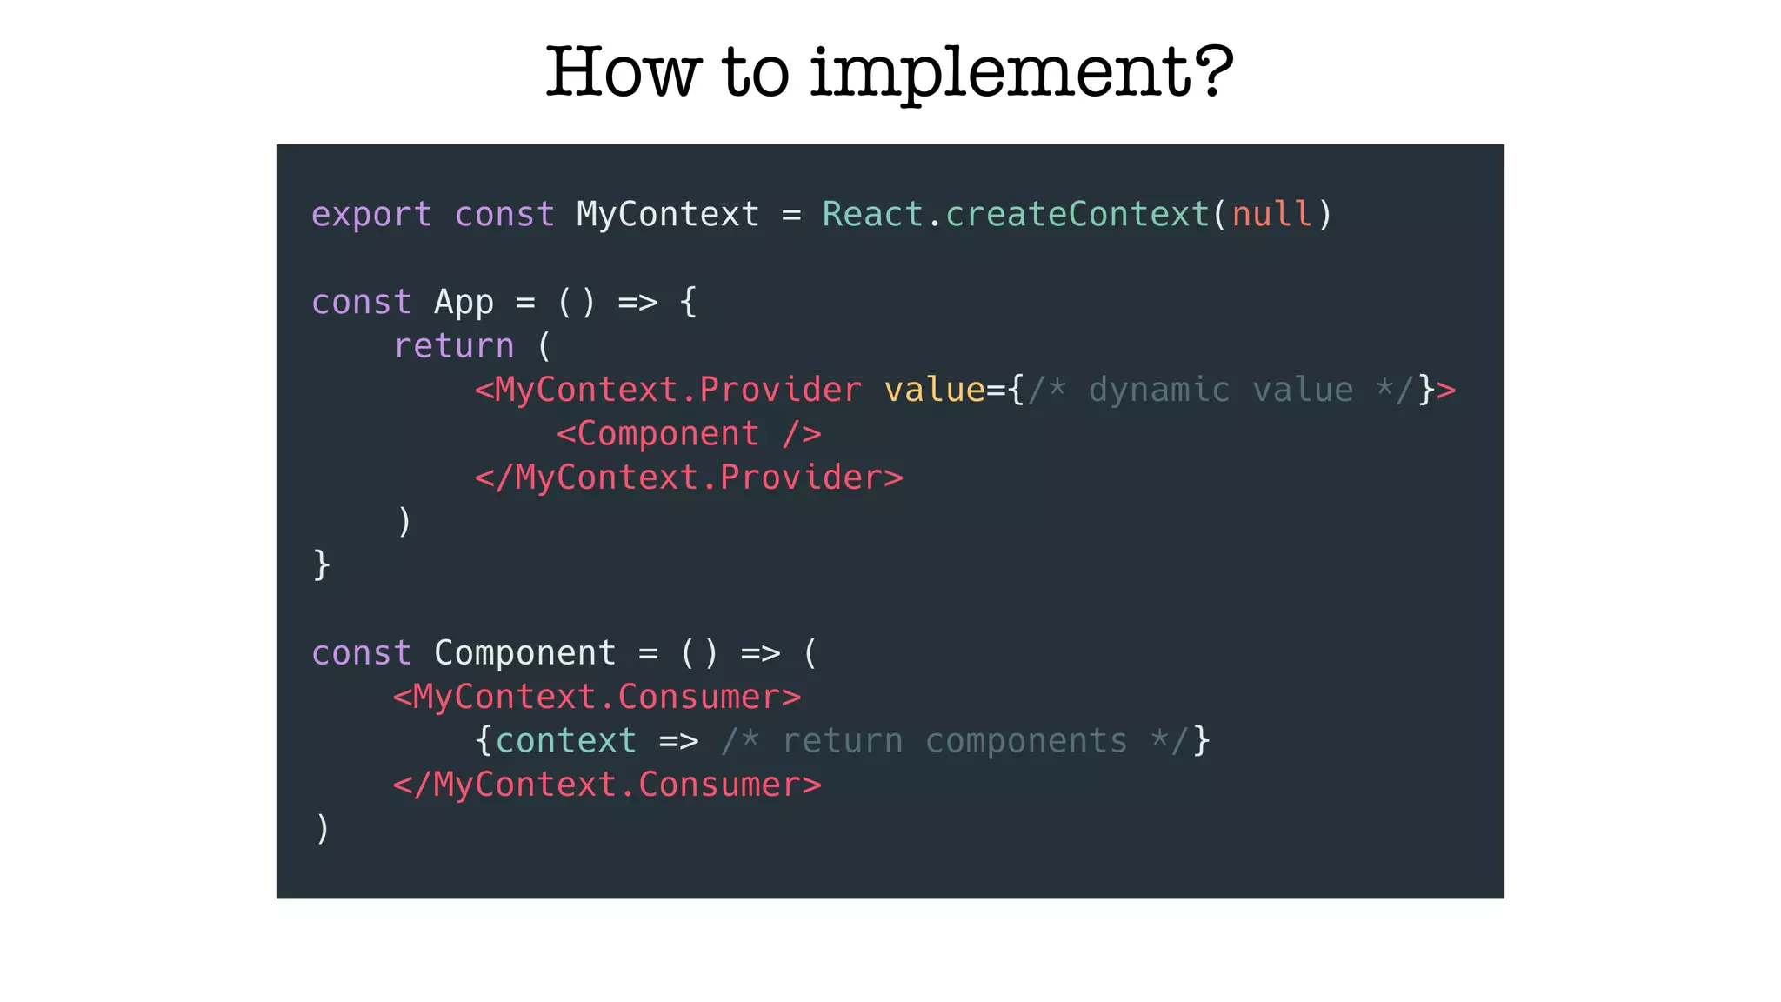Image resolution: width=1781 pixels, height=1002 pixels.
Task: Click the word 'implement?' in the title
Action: coord(1022,73)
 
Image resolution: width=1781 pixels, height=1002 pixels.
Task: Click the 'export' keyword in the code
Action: coord(371,215)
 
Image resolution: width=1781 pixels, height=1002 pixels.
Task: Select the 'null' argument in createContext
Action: coord(1271,214)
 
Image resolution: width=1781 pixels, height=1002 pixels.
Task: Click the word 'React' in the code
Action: coord(872,214)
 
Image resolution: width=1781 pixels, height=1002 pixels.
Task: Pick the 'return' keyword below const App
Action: coord(454,346)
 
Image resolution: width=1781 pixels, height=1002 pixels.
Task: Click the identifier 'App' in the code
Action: coord(464,303)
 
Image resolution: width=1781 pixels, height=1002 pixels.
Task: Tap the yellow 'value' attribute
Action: coord(934,390)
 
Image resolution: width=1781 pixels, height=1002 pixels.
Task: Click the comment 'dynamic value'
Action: coord(1220,390)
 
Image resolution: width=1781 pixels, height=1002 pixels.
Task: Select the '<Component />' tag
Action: coord(689,433)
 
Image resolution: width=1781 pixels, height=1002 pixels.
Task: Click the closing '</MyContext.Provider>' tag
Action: coord(689,478)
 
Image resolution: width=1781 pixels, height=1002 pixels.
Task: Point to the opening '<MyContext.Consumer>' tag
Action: coord(597,697)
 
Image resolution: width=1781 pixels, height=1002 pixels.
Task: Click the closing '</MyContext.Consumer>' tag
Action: coord(607,785)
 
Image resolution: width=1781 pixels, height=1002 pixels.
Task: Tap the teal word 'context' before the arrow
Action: coord(565,741)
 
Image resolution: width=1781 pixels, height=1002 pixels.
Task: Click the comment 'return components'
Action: coord(954,741)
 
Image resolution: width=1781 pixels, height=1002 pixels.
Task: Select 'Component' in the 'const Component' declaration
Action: coord(524,653)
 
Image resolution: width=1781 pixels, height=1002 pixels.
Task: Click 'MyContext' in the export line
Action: coord(667,214)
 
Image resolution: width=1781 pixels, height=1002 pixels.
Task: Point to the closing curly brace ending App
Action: coord(322,565)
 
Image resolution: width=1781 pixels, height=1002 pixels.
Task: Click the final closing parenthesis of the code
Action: coord(322,828)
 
